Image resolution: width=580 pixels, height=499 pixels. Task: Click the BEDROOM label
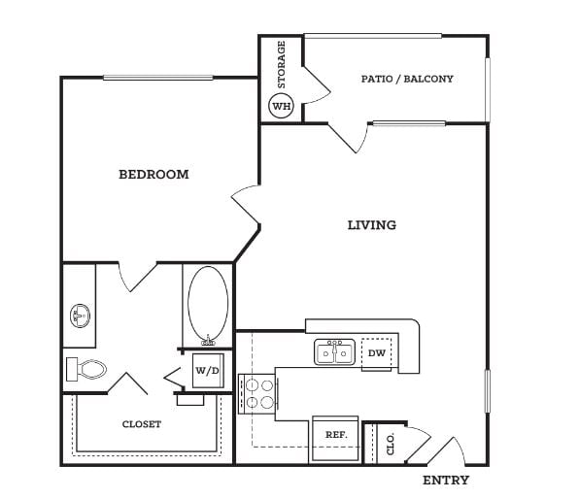pyautogui.click(x=154, y=174)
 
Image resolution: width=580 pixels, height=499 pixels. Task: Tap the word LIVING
pyautogui.click(x=372, y=224)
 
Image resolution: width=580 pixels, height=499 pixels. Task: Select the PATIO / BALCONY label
pyautogui.click(x=407, y=79)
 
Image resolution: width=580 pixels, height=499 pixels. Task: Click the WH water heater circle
pyautogui.click(x=281, y=106)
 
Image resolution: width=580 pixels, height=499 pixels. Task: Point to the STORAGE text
pyautogui.click(x=282, y=64)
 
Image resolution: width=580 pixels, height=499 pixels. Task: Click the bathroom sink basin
pyautogui.click(x=80, y=316)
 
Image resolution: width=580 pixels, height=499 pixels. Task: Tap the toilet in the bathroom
pyautogui.click(x=86, y=369)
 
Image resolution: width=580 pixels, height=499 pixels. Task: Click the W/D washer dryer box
pyautogui.click(x=208, y=371)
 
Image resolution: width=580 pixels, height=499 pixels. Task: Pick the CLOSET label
pyautogui.click(x=142, y=424)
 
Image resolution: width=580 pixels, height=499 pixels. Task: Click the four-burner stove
pyautogui.click(x=258, y=394)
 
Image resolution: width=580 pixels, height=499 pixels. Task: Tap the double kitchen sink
pyautogui.click(x=335, y=352)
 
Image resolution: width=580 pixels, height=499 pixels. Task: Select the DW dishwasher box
pyautogui.click(x=377, y=353)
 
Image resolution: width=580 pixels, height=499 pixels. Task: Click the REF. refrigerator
pyautogui.click(x=335, y=439)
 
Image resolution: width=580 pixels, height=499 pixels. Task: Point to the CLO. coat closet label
pyautogui.click(x=391, y=444)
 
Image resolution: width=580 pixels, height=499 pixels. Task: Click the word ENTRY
pyautogui.click(x=446, y=481)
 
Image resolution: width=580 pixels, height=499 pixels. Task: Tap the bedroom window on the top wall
pyautogui.click(x=158, y=78)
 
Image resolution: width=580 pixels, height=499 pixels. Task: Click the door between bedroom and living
pyautogui.click(x=245, y=205)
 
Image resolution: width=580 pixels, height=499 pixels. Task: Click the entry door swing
pyautogui.click(x=446, y=451)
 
